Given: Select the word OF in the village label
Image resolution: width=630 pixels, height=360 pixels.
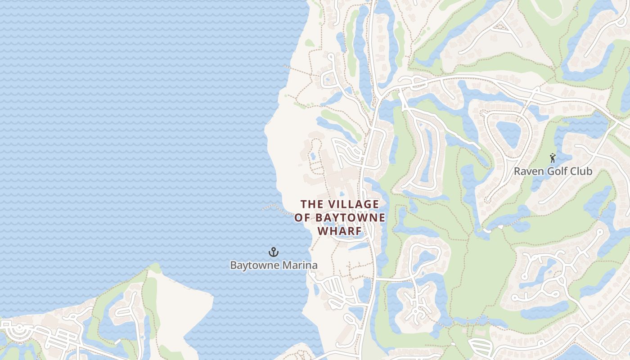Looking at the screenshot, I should coord(301,218).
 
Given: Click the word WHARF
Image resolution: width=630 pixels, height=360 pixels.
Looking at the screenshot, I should coord(340,231).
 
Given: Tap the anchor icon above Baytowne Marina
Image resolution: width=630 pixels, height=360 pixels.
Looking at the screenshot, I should coord(273,252).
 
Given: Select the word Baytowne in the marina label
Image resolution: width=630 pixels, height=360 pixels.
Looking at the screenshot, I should coord(252,265).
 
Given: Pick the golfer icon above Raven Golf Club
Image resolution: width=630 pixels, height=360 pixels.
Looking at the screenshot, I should coord(553,158).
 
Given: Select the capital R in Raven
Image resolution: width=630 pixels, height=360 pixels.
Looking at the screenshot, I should coord(517,171).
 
